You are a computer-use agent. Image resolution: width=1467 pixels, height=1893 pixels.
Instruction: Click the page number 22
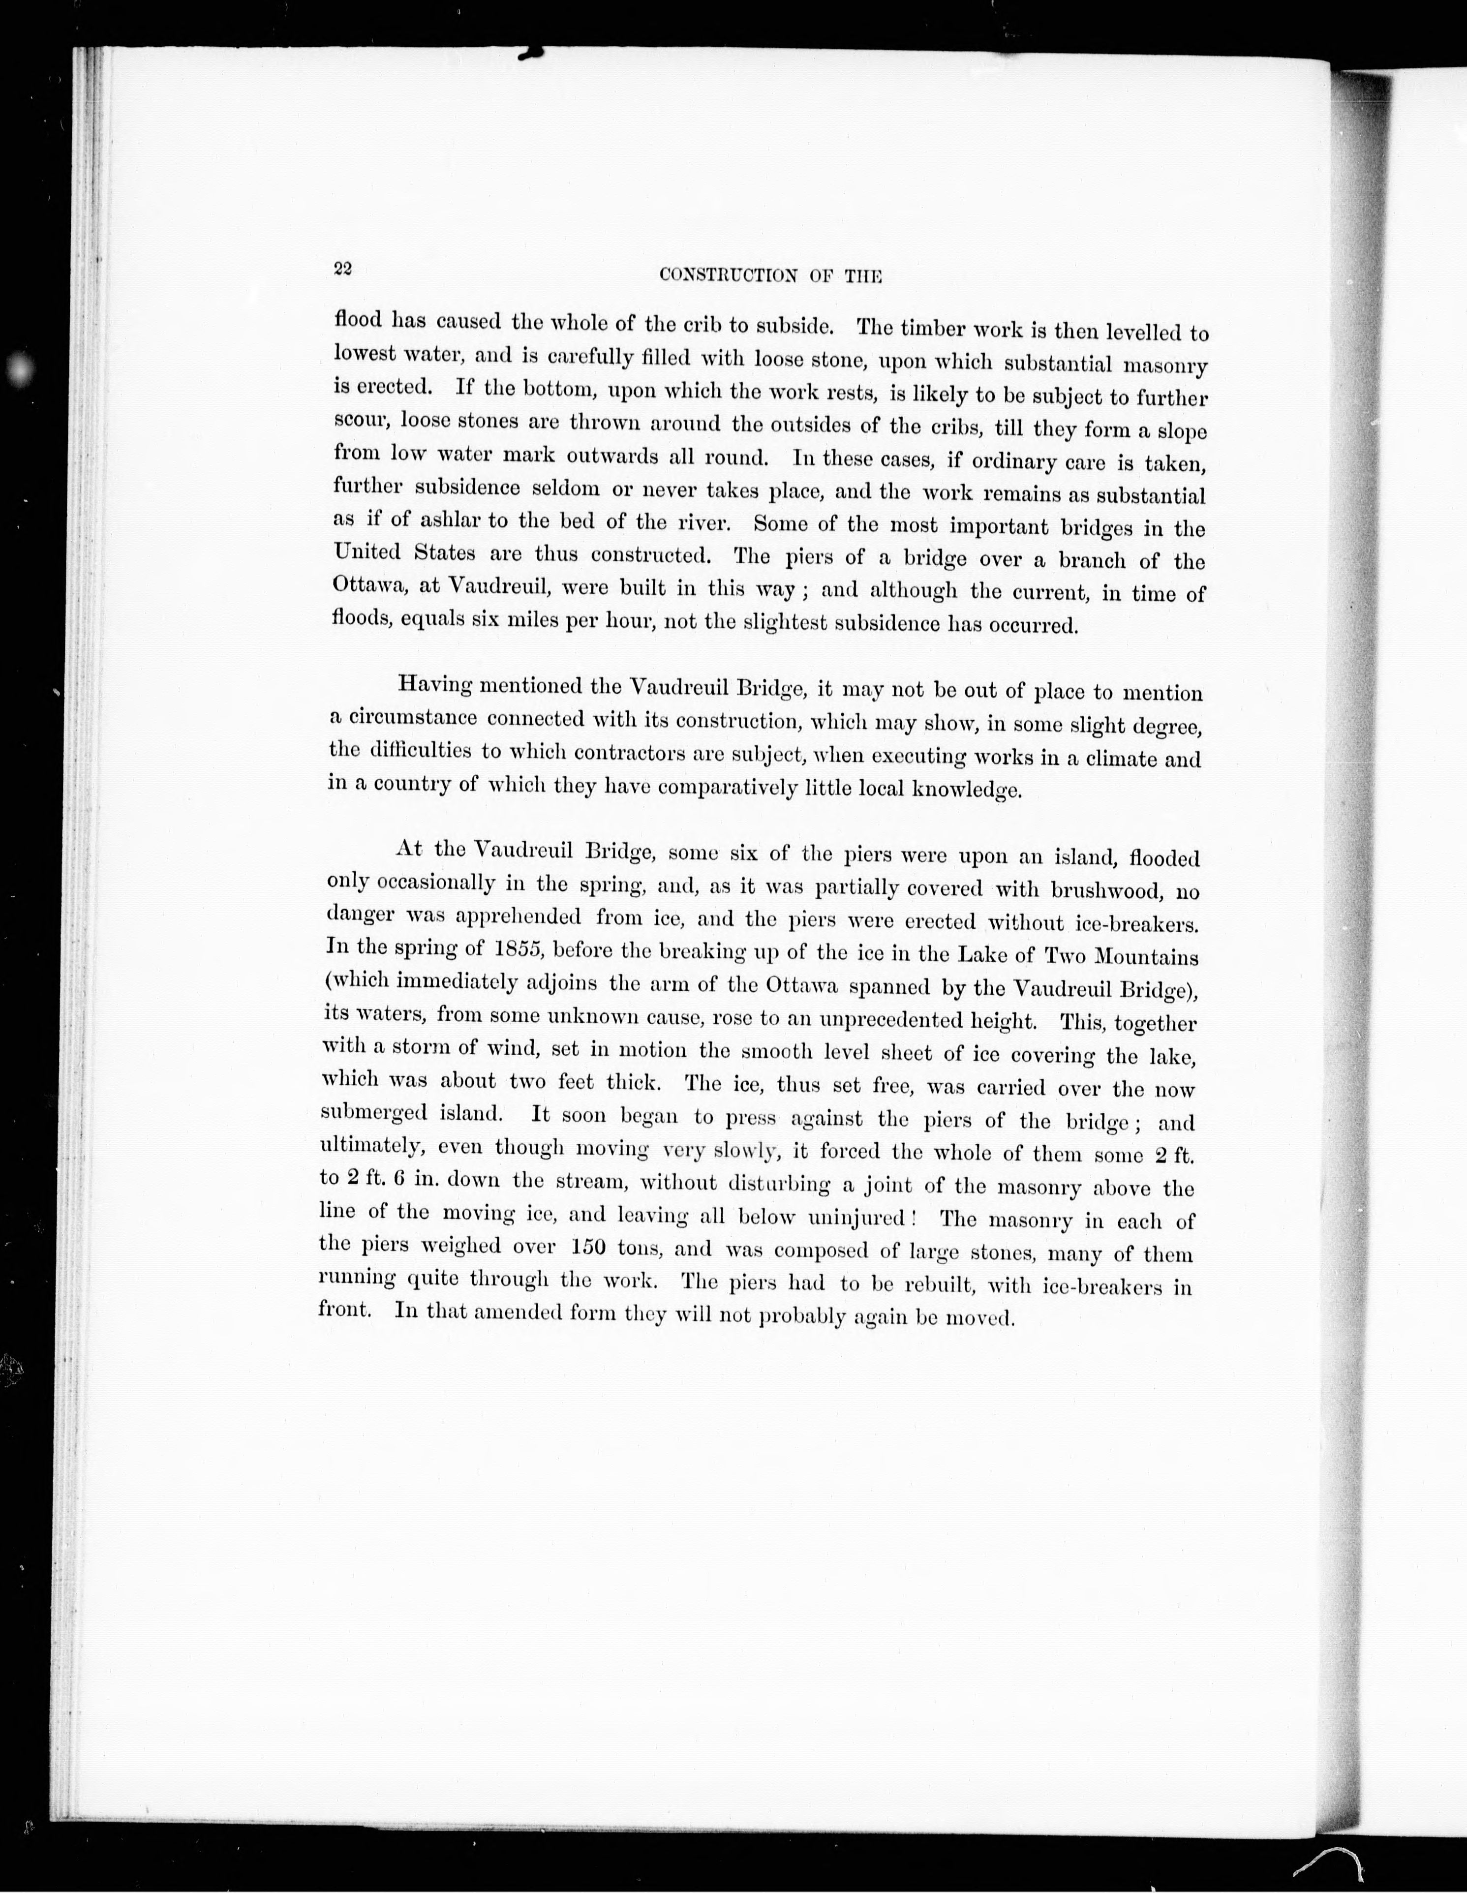[x=341, y=269]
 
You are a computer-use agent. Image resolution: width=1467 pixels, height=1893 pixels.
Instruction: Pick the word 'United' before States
[x=366, y=552]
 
